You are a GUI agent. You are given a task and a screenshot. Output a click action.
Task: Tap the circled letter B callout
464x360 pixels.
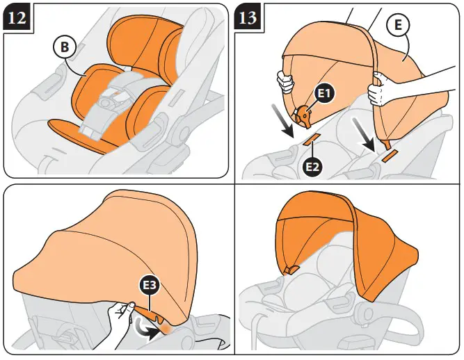click(x=63, y=49)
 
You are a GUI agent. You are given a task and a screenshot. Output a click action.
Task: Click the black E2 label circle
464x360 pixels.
click(x=313, y=166)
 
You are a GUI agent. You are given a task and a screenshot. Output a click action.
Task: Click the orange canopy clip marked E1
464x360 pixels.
click(x=303, y=117)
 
